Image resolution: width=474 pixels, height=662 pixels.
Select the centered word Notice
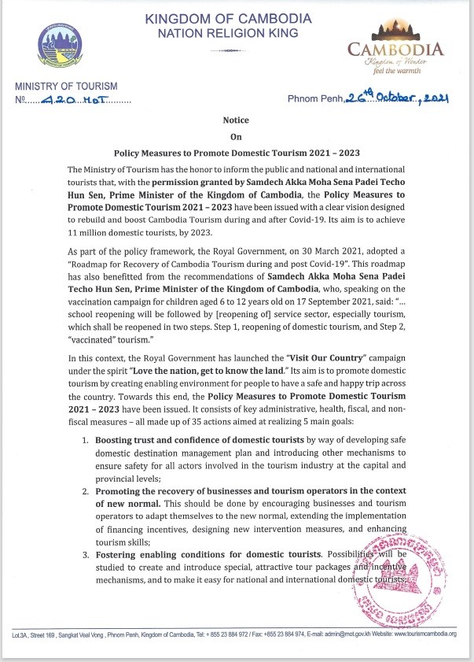click(236, 120)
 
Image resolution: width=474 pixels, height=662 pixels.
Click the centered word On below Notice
click(236, 136)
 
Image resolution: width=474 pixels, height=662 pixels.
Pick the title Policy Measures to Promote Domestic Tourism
click(236, 153)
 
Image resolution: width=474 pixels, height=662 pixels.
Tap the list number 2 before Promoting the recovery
click(86, 491)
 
